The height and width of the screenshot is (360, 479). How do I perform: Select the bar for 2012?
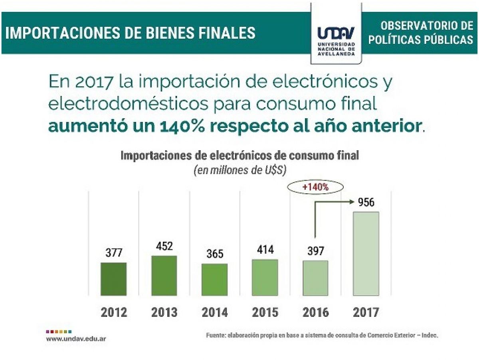(113, 279)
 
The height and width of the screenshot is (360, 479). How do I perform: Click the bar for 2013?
(164, 276)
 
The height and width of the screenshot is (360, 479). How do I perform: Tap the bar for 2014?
(214, 280)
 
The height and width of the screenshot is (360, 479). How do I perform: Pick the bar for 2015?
(265, 278)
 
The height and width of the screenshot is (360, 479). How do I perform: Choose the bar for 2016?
(315, 278)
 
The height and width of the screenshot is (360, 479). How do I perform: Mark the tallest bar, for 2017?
(366, 254)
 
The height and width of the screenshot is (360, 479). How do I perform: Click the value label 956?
(366, 203)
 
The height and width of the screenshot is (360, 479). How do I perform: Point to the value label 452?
(164, 246)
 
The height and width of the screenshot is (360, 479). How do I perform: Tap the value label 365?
(215, 254)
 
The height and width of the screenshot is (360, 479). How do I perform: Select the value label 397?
(315, 251)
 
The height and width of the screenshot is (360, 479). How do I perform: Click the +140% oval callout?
(315, 187)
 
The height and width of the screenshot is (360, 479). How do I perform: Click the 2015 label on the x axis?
(265, 312)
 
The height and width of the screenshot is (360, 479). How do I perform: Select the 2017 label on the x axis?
(366, 312)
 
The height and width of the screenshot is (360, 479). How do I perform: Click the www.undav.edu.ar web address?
(76, 339)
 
